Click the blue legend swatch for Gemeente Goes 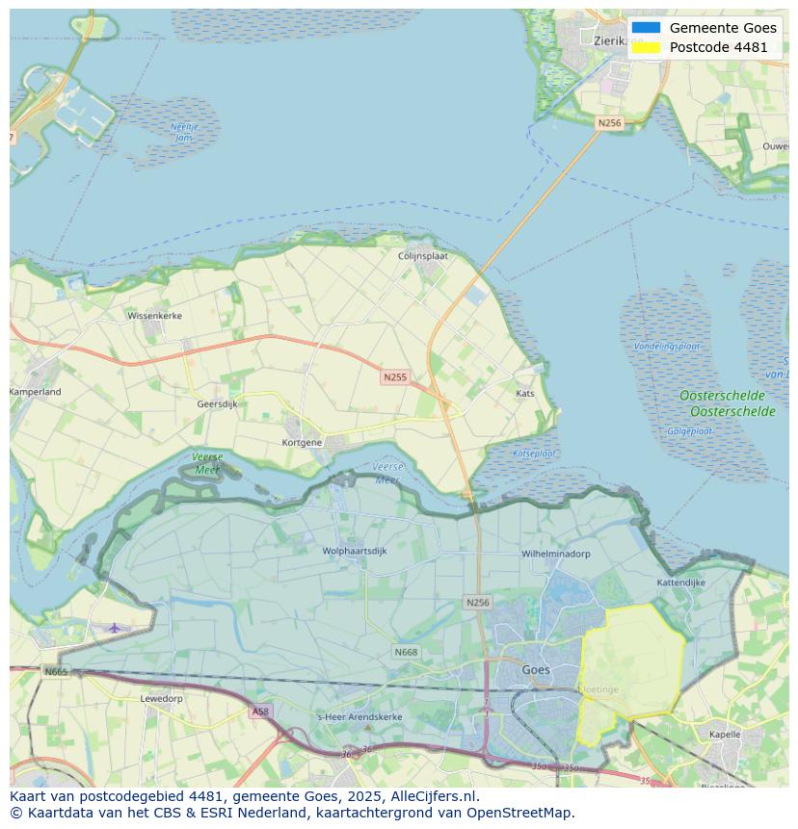click(x=647, y=28)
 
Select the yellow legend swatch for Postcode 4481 click(x=647, y=47)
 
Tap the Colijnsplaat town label click(x=424, y=256)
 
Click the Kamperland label click(x=36, y=392)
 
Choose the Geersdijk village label click(x=217, y=404)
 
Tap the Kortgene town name click(x=302, y=443)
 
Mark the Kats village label click(x=525, y=394)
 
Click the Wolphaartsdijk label click(x=355, y=552)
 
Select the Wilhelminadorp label click(x=556, y=555)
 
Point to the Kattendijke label click(x=681, y=583)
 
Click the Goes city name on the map click(x=536, y=670)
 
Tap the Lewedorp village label click(x=161, y=698)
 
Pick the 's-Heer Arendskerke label click(x=360, y=718)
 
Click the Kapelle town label click(x=725, y=735)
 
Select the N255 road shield click(x=394, y=377)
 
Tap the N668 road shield click(x=406, y=653)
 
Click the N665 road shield click(x=56, y=671)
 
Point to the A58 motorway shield click(x=260, y=712)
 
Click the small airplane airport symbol click(x=115, y=628)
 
